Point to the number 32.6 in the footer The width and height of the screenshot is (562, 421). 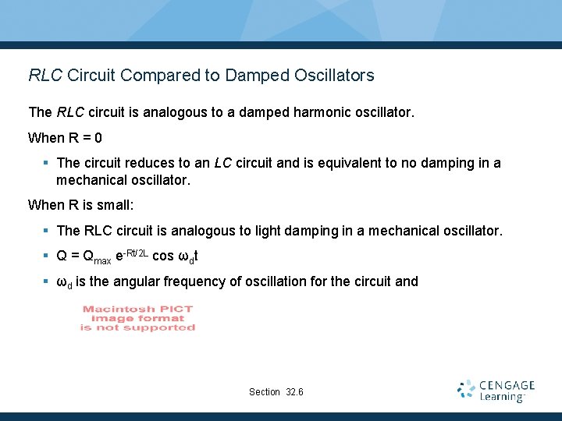(295, 391)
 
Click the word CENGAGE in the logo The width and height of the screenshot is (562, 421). (507, 385)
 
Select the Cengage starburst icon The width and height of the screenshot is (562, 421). (466, 389)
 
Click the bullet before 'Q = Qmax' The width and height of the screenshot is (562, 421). (47, 256)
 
